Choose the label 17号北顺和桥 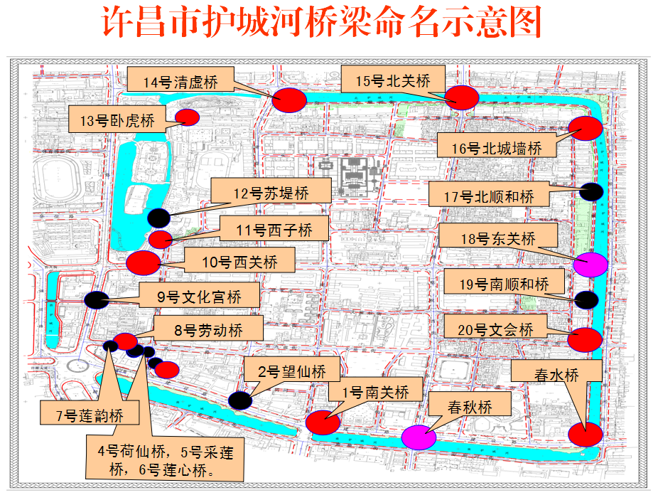488,195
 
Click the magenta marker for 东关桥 590,265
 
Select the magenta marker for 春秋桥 419,437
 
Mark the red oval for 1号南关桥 323,422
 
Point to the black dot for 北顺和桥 591,191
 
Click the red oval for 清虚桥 289,100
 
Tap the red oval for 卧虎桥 188,117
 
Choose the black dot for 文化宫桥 96,300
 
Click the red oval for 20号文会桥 585,339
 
